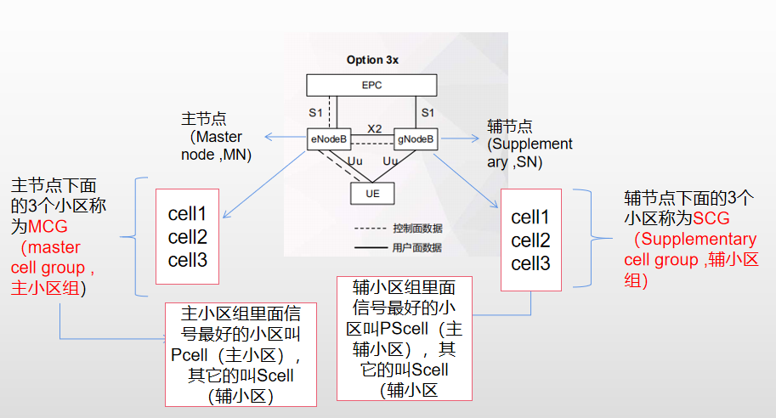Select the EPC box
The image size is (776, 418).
pos(371,85)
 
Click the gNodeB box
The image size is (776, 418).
pos(416,138)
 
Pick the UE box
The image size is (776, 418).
pos(371,194)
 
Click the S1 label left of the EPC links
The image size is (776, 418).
pos(316,112)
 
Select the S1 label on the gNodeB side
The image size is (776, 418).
pos(428,112)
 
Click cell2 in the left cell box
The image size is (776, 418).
pos(187,236)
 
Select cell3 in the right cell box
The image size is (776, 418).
pos(530,263)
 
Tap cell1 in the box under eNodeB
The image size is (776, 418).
pos(187,212)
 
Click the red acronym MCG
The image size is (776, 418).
pos(48,229)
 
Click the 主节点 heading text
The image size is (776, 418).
pos(205,119)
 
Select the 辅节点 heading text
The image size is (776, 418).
pos(510,126)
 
